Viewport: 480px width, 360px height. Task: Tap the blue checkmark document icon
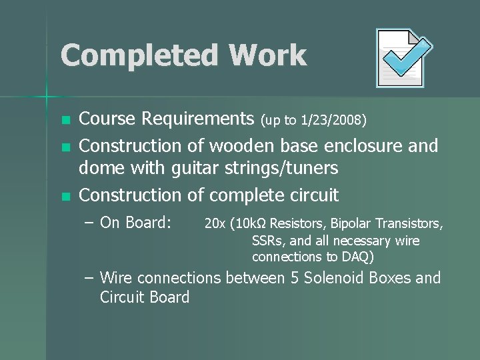tap(403, 58)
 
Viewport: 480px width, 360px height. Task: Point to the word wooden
tap(239, 145)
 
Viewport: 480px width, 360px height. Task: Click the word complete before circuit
tap(251, 195)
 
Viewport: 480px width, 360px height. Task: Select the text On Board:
tap(136, 223)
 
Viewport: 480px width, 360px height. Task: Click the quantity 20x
tap(214, 223)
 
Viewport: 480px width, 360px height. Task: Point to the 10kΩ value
tap(250, 223)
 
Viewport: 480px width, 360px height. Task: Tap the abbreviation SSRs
tap(267, 241)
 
